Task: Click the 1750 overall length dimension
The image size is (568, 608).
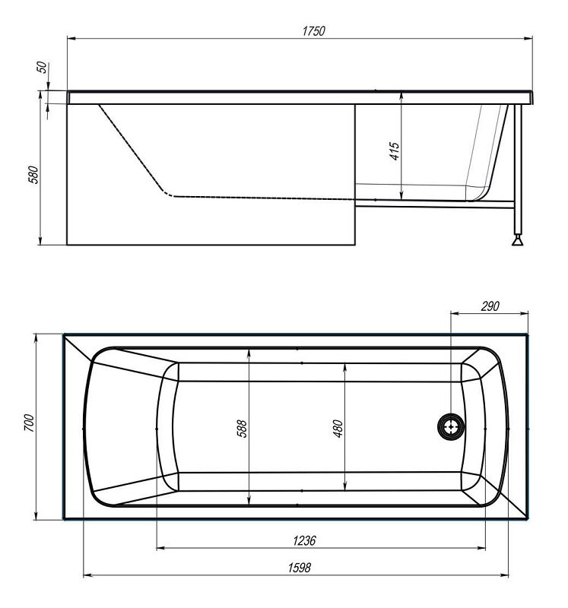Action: tap(313, 30)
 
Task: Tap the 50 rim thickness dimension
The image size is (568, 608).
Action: tap(42, 68)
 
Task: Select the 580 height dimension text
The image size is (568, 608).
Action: tap(34, 175)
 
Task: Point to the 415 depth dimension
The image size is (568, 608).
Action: tap(394, 151)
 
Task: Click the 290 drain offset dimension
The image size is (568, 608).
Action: tap(490, 306)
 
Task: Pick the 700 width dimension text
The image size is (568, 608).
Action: tap(29, 423)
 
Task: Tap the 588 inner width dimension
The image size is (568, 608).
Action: tap(242, 428)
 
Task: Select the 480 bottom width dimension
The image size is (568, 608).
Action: tap(338, 428)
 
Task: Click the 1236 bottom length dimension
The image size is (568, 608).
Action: tap(304, 540)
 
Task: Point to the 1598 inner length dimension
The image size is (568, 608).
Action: tap(299, 567)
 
